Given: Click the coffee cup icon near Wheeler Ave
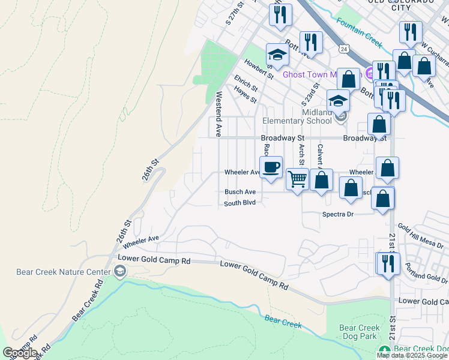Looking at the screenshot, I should (271, 167).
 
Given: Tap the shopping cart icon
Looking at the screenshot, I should (298, 179).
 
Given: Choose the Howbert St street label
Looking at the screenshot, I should (259, 68).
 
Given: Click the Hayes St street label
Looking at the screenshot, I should (246, 94).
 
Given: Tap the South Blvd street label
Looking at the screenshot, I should (240, 203).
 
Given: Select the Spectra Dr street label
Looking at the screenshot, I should (339, 214).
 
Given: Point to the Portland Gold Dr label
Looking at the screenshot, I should (426, 272).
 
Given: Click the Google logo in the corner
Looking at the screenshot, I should (19, 353).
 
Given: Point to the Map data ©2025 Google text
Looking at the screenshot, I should (412, 355).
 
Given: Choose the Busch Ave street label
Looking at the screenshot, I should (240, 192).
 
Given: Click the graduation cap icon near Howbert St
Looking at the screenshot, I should (277, 54).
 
